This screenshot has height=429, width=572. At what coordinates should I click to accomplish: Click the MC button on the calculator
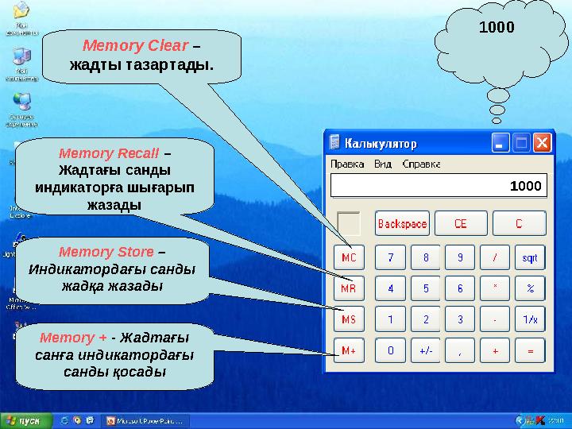click(348, 257)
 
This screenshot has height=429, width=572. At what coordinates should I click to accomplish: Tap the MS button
click(348, 319)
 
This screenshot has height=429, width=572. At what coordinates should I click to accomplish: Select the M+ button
click(348, 350)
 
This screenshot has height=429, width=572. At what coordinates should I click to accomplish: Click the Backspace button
click(402, 223)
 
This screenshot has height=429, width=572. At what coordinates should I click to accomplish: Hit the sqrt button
click(530, 257)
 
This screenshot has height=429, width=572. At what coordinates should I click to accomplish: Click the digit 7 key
click(390, 257)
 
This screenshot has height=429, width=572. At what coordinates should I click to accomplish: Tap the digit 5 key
click(426, 288)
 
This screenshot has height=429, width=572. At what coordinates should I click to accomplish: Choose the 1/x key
click(530, 319)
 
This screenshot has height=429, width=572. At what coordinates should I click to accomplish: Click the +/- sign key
click(426, 350)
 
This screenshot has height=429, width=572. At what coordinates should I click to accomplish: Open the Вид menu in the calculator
click(382, 164)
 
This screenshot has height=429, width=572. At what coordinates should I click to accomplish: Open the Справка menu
click(421, 164)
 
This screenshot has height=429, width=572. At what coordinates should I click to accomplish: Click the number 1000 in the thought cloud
click(497, 27)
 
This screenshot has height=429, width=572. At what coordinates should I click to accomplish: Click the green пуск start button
click(25, 419)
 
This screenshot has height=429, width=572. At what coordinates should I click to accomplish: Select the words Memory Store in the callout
click(106, 252)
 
